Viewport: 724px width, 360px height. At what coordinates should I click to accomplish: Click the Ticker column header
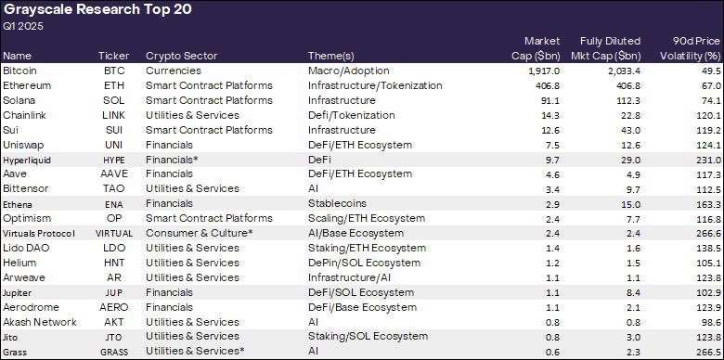click(x=113, y=56)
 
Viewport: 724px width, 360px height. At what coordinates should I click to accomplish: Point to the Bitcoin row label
click(x=19, y=71)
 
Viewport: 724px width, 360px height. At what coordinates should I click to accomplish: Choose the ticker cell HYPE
click(x=114, y=160)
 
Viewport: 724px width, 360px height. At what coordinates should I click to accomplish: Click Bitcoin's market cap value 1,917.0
click(x=541, y=71)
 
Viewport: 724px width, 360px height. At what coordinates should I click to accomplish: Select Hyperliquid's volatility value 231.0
click(x=707, y=160)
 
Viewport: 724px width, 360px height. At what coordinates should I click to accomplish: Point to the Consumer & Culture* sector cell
click(x=187, y=233)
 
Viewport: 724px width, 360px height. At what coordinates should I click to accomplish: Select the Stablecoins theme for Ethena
click(x=337, y=203)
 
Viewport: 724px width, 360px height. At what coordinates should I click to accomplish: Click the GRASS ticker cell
click(x=114, y=352)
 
